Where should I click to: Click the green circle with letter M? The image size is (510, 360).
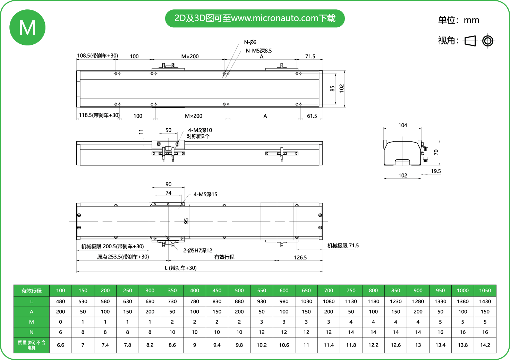(27, 27)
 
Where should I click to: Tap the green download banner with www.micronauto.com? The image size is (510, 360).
(255, 18)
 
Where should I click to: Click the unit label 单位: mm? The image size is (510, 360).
(458, 20)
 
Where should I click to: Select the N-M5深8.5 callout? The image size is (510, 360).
(258, 51)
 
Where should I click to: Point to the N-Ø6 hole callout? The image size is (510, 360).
(250, 42)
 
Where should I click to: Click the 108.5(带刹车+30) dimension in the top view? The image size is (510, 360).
(97, 55)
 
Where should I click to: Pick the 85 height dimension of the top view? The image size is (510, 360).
(332, 88)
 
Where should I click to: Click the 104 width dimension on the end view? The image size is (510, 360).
(402, 125)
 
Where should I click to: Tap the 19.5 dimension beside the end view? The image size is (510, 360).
(436, 171)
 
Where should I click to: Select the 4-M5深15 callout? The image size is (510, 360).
(205, 194)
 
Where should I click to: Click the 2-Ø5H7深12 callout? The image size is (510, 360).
(198, 250)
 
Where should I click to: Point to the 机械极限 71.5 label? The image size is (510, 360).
(343, 246)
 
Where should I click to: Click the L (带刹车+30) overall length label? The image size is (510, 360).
(181, 268)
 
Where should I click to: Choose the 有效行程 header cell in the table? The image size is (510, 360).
(32, 291)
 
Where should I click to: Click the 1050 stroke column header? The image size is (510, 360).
(485, 291)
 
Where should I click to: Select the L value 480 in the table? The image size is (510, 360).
(60, 301)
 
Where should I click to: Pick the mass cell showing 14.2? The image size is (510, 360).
(485, 345)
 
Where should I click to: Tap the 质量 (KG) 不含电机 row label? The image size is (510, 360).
(32, 345)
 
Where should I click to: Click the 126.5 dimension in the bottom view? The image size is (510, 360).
(300, 257)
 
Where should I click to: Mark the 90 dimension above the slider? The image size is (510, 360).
(168, 184)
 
